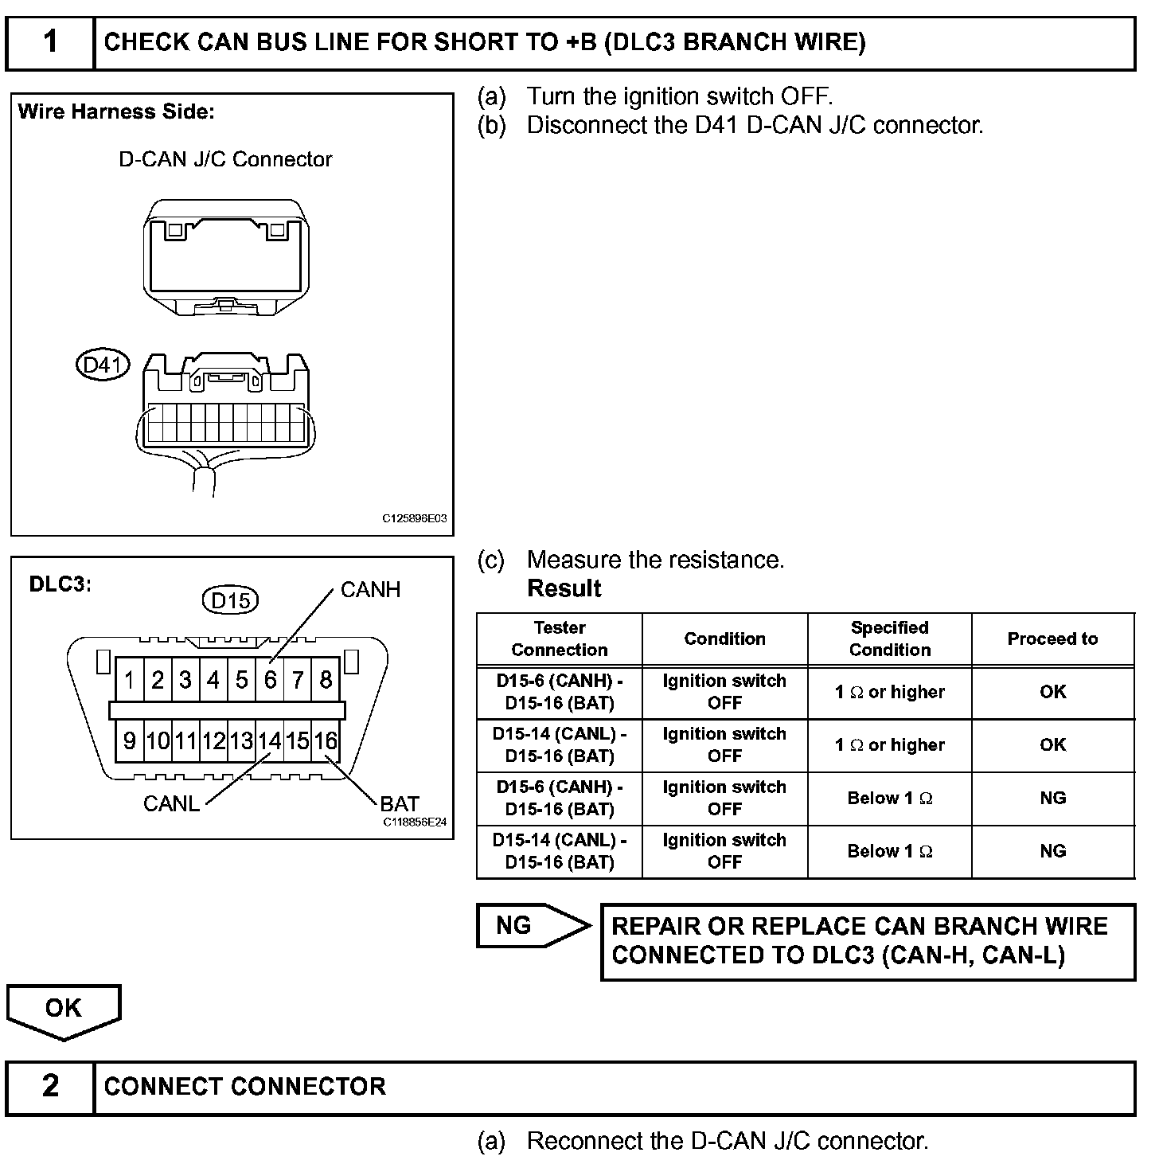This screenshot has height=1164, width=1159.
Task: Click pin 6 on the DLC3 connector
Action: (270, 680)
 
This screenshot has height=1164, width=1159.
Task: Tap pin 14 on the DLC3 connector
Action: (270, 741)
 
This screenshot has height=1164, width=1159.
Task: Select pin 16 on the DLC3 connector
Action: (326, 741)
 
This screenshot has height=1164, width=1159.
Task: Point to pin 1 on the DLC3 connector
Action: (129, 680)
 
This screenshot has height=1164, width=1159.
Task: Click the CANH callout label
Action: (370, 590)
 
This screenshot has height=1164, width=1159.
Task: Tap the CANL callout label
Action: (171, 803)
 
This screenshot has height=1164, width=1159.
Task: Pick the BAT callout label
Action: (399, 803)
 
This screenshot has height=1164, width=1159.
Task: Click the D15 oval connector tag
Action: (231, 600)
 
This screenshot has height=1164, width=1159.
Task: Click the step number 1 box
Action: (50, 43)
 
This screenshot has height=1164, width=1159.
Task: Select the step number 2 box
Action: (50, 1087)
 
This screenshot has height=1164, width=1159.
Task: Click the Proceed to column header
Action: (1052, 639)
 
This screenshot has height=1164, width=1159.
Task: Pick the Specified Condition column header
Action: (889, 639)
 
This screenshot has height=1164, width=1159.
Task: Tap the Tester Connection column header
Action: (560, 639)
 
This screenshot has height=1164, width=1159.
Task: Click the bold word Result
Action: (564, 589)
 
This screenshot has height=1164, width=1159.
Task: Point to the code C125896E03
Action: (415, 518)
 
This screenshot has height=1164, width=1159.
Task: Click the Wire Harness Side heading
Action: (116, 111)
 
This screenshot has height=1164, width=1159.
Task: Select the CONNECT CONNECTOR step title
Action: (245, 1087)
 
